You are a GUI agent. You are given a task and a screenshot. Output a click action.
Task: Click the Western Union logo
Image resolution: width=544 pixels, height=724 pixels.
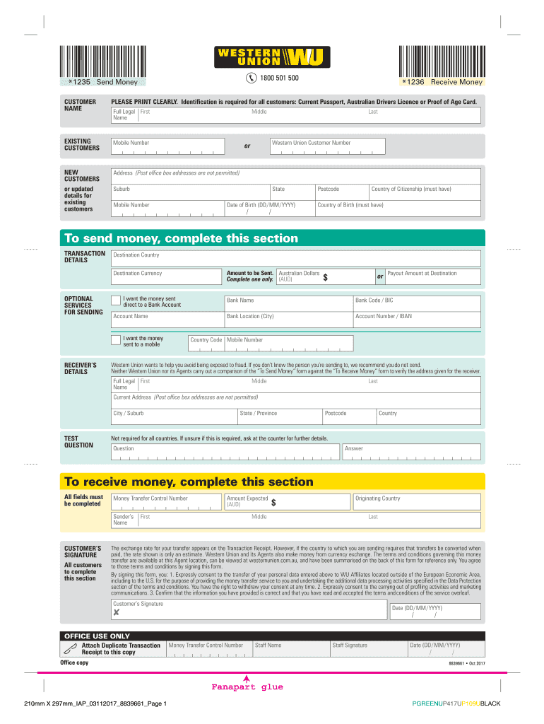[x=272, y=57]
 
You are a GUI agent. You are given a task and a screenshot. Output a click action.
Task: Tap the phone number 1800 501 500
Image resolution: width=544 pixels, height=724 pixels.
[x=279, y=78]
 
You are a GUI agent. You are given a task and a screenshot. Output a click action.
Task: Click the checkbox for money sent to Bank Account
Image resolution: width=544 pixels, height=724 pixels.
[x=117, y=300]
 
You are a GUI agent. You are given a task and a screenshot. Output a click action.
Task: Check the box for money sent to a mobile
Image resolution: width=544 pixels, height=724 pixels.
[x=117, y=340]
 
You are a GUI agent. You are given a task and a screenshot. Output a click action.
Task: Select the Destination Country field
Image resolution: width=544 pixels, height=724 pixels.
[x=296, y=259]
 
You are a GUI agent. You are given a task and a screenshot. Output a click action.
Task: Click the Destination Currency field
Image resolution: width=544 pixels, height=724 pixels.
[x=167, y=277]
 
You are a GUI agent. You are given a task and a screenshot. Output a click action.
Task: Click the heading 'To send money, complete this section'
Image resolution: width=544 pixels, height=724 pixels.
[x=182, y=238]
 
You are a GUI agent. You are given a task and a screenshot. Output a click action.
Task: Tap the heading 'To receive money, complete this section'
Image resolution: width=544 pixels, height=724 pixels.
[x=189, y=481]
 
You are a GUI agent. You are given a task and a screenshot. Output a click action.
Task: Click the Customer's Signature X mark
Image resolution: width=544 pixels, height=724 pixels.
[x=116, y=612]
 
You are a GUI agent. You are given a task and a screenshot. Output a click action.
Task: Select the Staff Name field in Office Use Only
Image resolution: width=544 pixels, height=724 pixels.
[x=290, y=648]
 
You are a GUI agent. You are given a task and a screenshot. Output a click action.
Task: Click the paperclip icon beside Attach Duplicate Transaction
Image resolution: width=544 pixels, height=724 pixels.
[x=69, y=648]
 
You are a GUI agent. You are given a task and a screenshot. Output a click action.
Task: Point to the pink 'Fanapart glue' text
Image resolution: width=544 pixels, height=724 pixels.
[x=247, y=687]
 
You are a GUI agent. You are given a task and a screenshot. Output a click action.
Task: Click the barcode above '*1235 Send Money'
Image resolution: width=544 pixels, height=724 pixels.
[x=100, y=60]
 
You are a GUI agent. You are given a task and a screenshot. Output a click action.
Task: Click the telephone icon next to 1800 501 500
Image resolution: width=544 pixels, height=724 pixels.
[x=252, y=78]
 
